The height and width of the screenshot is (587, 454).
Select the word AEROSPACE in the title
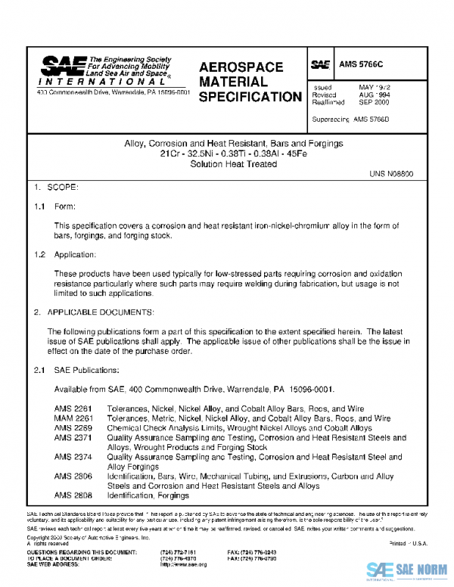point(241,67)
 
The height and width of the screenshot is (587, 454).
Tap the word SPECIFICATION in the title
point(250,97)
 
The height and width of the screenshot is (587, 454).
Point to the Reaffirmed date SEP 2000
point(375,101)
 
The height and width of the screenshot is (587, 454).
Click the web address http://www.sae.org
point(186,565)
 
